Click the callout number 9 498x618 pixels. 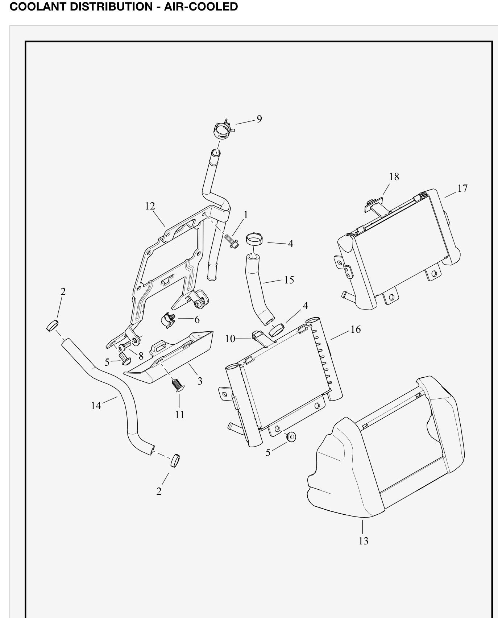[259, 119]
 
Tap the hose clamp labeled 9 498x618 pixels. [223, 129]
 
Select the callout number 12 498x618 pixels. [150, 206]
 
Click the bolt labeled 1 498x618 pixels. [231, 241]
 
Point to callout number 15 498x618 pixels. [289, 280]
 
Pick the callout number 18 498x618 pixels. [394, 177]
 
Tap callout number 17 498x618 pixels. [462, 188]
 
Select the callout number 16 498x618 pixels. [356, 329]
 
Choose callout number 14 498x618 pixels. [96, 406]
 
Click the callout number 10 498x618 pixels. [230, 339]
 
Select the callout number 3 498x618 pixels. [200, 381]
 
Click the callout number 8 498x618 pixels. [141, 356]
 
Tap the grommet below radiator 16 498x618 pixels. [291, 437]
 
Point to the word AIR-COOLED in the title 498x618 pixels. [201, 6]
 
